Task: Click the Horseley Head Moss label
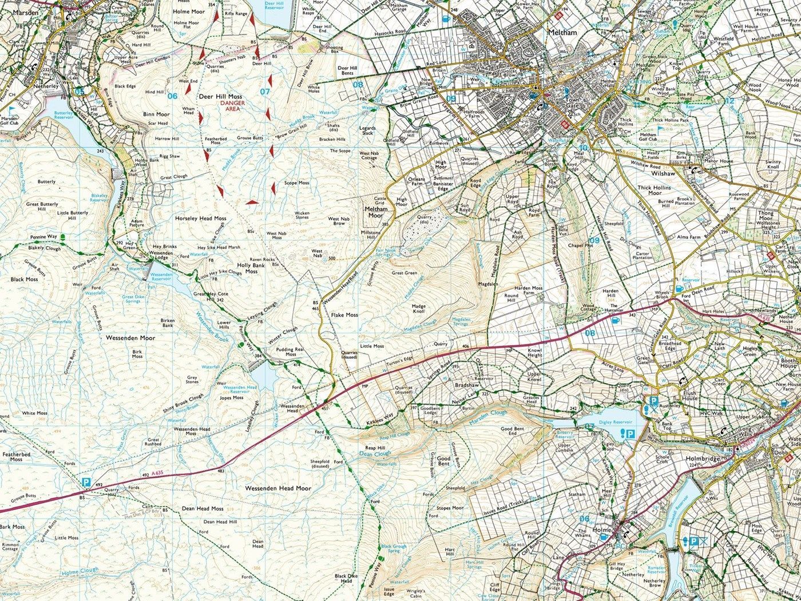[201, 219]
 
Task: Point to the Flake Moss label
[344, 315]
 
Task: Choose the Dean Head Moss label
[203, 508]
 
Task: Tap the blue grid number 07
[264, 91]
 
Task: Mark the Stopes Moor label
[450, 508]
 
